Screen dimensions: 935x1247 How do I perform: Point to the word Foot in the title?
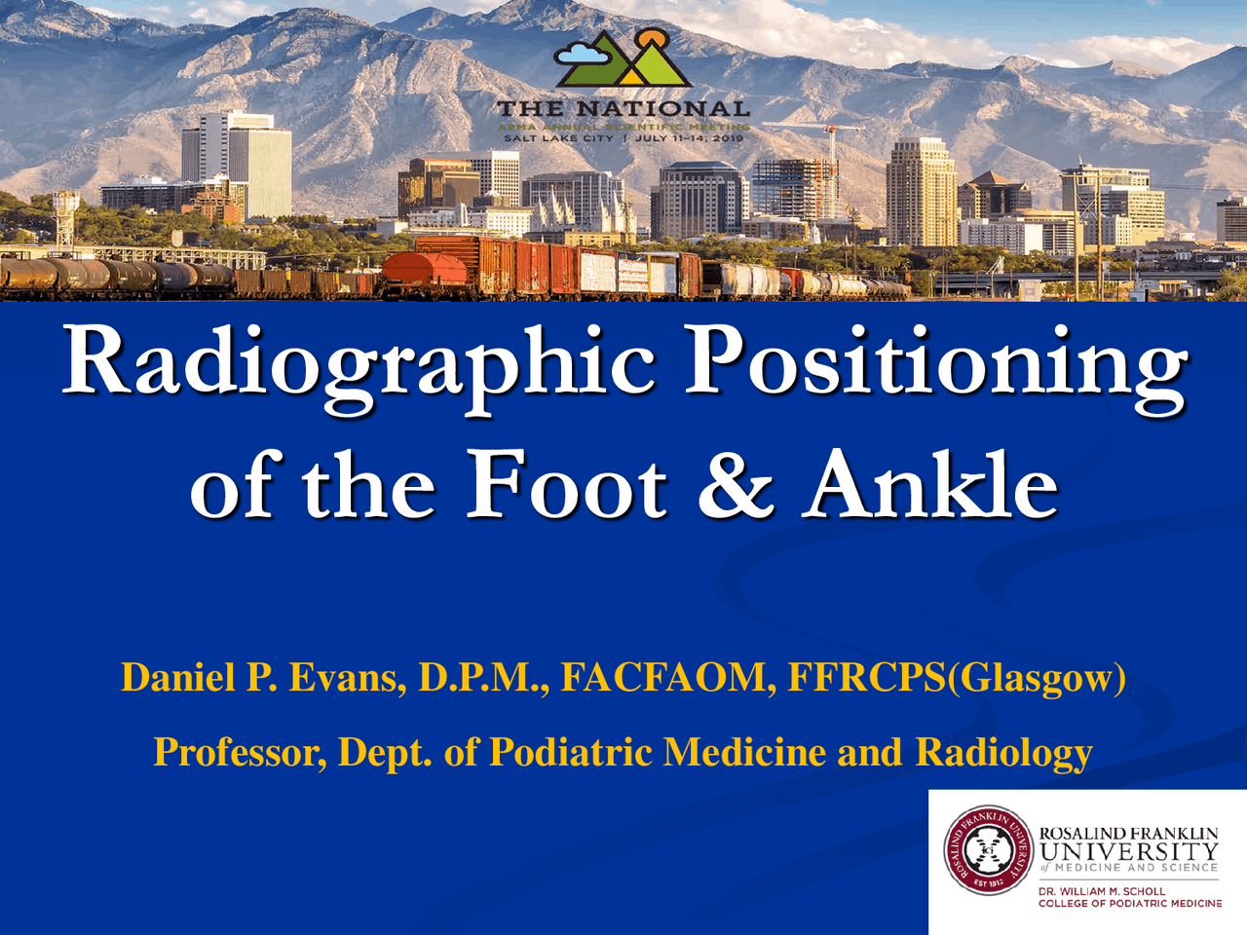coord(566,484)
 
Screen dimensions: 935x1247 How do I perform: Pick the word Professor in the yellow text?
coord(240,752)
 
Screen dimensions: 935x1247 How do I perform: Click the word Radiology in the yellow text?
coord(1003,752)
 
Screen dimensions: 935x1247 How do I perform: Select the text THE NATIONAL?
coord(623,109)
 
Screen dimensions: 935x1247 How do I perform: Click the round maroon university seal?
coord(988,850)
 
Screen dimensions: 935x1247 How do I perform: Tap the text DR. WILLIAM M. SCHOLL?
coord(1101,891)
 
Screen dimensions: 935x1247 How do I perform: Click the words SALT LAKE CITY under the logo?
coord(558,138)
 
